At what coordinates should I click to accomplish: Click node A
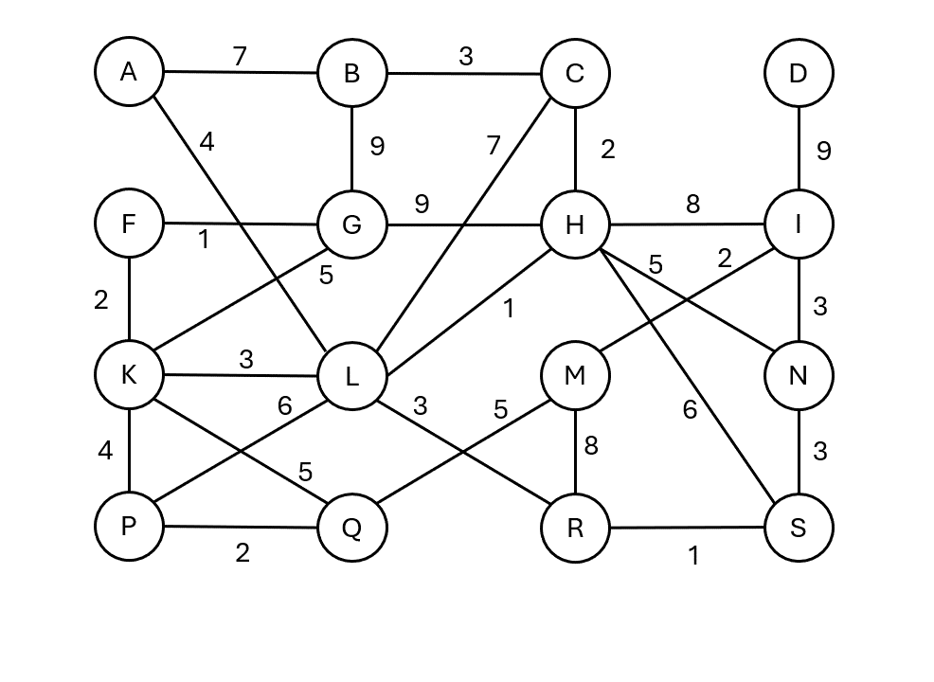(x=129, y=72)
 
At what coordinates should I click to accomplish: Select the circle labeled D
(x=798, y=73)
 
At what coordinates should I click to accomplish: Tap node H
(x=574, y=225)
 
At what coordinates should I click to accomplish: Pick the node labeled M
(x=574, y=376)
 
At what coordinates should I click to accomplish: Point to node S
(x=798, y=528)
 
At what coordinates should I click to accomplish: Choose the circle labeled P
(x=129, y=527)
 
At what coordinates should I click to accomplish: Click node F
(x=129, y=224)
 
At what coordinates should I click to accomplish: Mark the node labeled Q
(x=351, y=528)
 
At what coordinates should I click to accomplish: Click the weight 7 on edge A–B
(x=240, y=57)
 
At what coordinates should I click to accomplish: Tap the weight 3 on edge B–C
(x=464, y=57)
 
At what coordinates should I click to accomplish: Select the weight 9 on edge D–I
(x=823, y=151)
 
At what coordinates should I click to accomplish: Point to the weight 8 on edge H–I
(x=692, y=205)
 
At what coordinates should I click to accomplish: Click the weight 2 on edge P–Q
(x=242, y=553)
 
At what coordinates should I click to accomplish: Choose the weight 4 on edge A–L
(x=207, y=143)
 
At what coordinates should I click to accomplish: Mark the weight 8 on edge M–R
(x=591, y=445)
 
